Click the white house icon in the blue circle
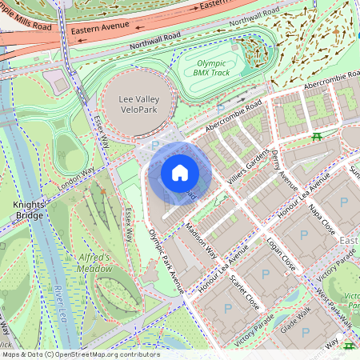[x=180, y=173]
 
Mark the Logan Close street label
[x=278, y=254]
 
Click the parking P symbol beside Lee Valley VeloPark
[x=155, y=145]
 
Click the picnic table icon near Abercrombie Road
[x=318, y=137]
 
